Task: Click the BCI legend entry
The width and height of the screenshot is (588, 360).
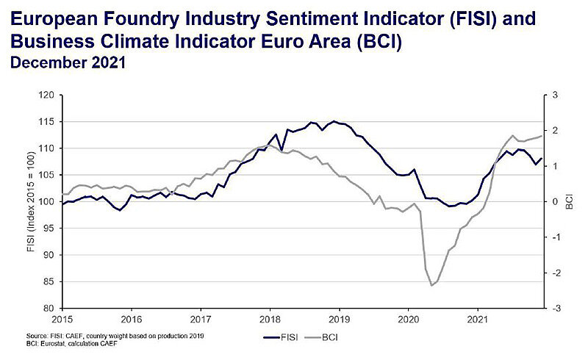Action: (329, 339)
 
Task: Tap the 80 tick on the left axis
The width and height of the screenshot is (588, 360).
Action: (49, 309)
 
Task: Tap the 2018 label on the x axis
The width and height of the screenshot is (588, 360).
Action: (270, 320)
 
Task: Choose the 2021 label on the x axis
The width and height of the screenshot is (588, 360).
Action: (478, 320)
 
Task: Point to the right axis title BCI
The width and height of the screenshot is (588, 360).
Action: (570, 202)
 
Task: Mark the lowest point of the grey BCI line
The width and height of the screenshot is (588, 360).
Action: (431, 285)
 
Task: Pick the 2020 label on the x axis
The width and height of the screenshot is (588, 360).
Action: (409, 320)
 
